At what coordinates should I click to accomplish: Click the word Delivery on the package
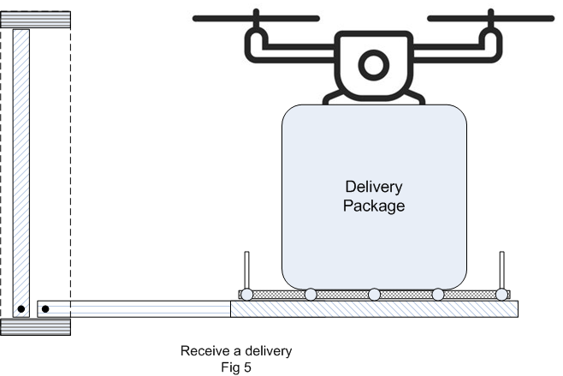coord(373,187)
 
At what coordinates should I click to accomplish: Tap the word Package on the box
coord(373,206)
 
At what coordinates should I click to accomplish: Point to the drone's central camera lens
coord(373,64)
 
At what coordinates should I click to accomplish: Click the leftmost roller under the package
coord(246,295)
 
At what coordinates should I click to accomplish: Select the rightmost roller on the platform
coord(501,295)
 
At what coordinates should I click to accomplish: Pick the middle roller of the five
coord(374,295)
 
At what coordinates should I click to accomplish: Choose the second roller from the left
coord(310,295)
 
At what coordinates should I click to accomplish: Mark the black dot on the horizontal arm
coord(45,308)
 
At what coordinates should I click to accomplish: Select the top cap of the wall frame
coord(35,20)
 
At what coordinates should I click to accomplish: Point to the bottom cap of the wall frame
coord(35,327)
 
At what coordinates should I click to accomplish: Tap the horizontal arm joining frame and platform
coord(137,308)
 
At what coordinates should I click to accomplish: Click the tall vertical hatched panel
coord(21,163)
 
